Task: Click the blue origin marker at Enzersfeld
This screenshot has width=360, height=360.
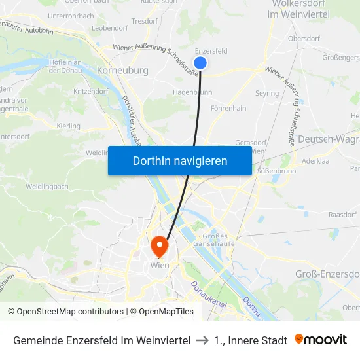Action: tap(201, 63)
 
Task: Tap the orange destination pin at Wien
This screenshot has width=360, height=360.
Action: tap(159, 245)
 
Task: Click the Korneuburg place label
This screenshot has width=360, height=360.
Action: tap(122, 70)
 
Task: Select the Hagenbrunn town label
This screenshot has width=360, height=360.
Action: tap(192, 93)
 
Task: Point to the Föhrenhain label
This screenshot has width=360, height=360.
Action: tap(228, 108)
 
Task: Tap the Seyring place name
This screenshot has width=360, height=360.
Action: tap(267, 94)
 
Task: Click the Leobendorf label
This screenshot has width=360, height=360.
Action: tap(109, 28)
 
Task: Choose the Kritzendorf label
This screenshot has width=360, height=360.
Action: tap(91, 92)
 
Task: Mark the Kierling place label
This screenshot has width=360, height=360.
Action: tap(69, 126)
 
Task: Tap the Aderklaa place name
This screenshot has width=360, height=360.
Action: tap(314, 160)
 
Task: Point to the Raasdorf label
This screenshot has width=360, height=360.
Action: tap(342, 215)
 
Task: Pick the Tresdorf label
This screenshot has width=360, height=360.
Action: tap(145, 21)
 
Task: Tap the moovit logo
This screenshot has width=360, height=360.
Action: tap(321, 340)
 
